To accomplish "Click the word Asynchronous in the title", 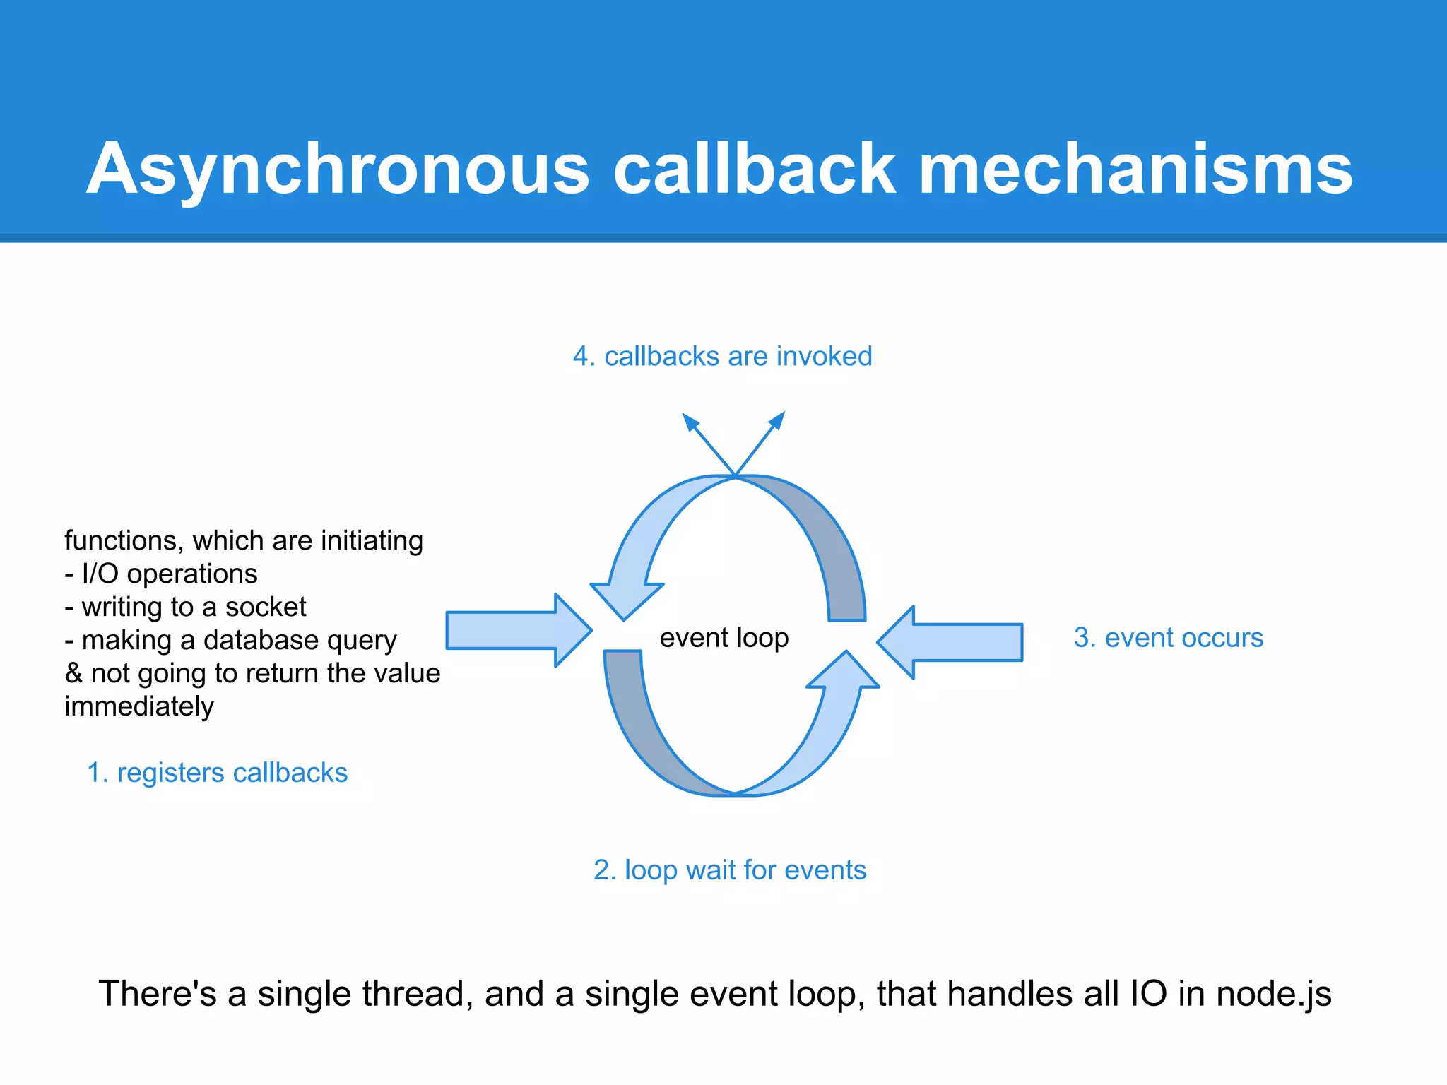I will pyautogui.click(x=338, y=170).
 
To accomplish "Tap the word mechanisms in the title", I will pyautogui.click(x=1135, y=170).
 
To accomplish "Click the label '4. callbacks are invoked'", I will pyautogui.click(x=722, y=357).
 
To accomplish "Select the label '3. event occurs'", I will pyautogui.click(x=1168, y=638).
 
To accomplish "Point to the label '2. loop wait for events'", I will pyautogui.click(x=729, y=870).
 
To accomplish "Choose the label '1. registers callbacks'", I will pyautogui.click(x=217, y=773).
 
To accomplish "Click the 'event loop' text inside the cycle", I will pyautogui.click(x=723, y=638).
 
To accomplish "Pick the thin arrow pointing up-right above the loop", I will pyautogui.click(x=762, y=441).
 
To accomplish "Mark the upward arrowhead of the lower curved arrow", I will pyautogui.click(x=844, y=672).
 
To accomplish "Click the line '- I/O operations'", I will pyautogui.click(x=161, y=574).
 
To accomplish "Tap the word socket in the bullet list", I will pyautogui.click(x=266, y=607).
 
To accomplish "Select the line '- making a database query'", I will pyautogui.click(x=230, y=640).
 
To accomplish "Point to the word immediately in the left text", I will pyautogui.click(x=139, y=706).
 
